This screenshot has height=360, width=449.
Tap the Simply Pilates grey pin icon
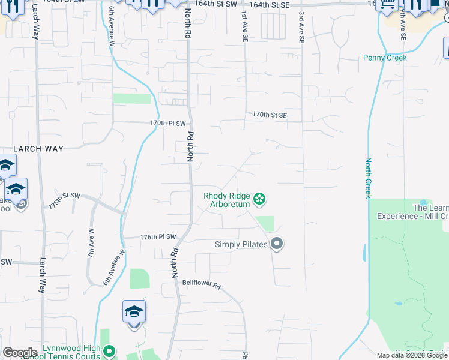point(277,244)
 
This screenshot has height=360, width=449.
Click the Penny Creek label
point(385,58)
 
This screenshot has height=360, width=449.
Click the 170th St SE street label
point(270,114)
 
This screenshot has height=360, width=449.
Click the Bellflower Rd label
point(202,284)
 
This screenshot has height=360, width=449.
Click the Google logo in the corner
point(20,353)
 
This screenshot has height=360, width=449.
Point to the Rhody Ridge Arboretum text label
point(226,199)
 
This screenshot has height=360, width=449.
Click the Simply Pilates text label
point(241,244)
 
